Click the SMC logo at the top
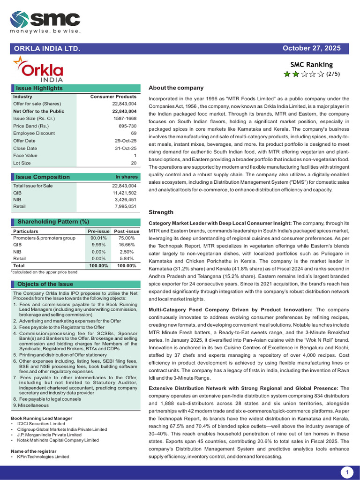point(45,22)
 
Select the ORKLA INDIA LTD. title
point(47,49)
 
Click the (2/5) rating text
point(333,74)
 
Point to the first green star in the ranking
point(287,74)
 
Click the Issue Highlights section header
point(39,88)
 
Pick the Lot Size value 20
point(134,163)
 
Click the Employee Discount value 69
point(134,134)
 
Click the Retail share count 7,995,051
point(124,206)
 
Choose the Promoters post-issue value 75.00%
point(127,238)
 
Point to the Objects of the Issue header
point(45,284)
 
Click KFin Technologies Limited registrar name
point(43,457)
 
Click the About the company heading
point(176,88)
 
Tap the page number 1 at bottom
point(347,472)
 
